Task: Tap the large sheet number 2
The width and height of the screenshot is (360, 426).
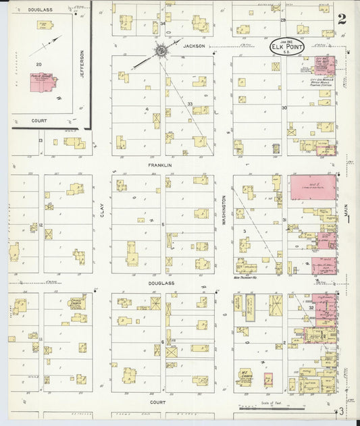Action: (x=342, y=19)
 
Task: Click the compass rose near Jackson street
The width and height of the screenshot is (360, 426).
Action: (x=161, y=50)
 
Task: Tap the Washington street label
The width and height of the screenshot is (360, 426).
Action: (x=223, y=210)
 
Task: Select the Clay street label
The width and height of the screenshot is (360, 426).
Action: (x=102, y=210)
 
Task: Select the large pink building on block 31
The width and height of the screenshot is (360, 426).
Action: (x=313, y=187)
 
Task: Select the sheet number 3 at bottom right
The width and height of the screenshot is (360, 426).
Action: (x=342, y=411)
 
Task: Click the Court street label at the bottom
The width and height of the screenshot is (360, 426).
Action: (x=157, y=402)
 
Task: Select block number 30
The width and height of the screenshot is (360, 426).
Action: (x=284, y=107)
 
